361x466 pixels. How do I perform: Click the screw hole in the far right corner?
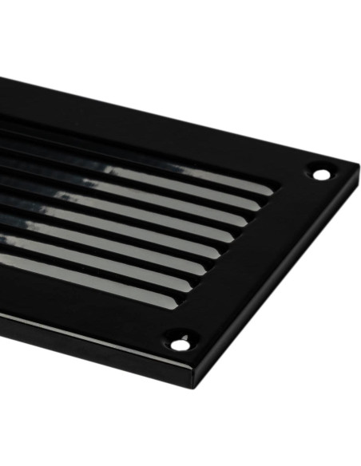pyautogui.click(x=321, y=173)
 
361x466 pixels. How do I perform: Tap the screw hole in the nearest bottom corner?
pyautogui.click(x=181, y=344)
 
